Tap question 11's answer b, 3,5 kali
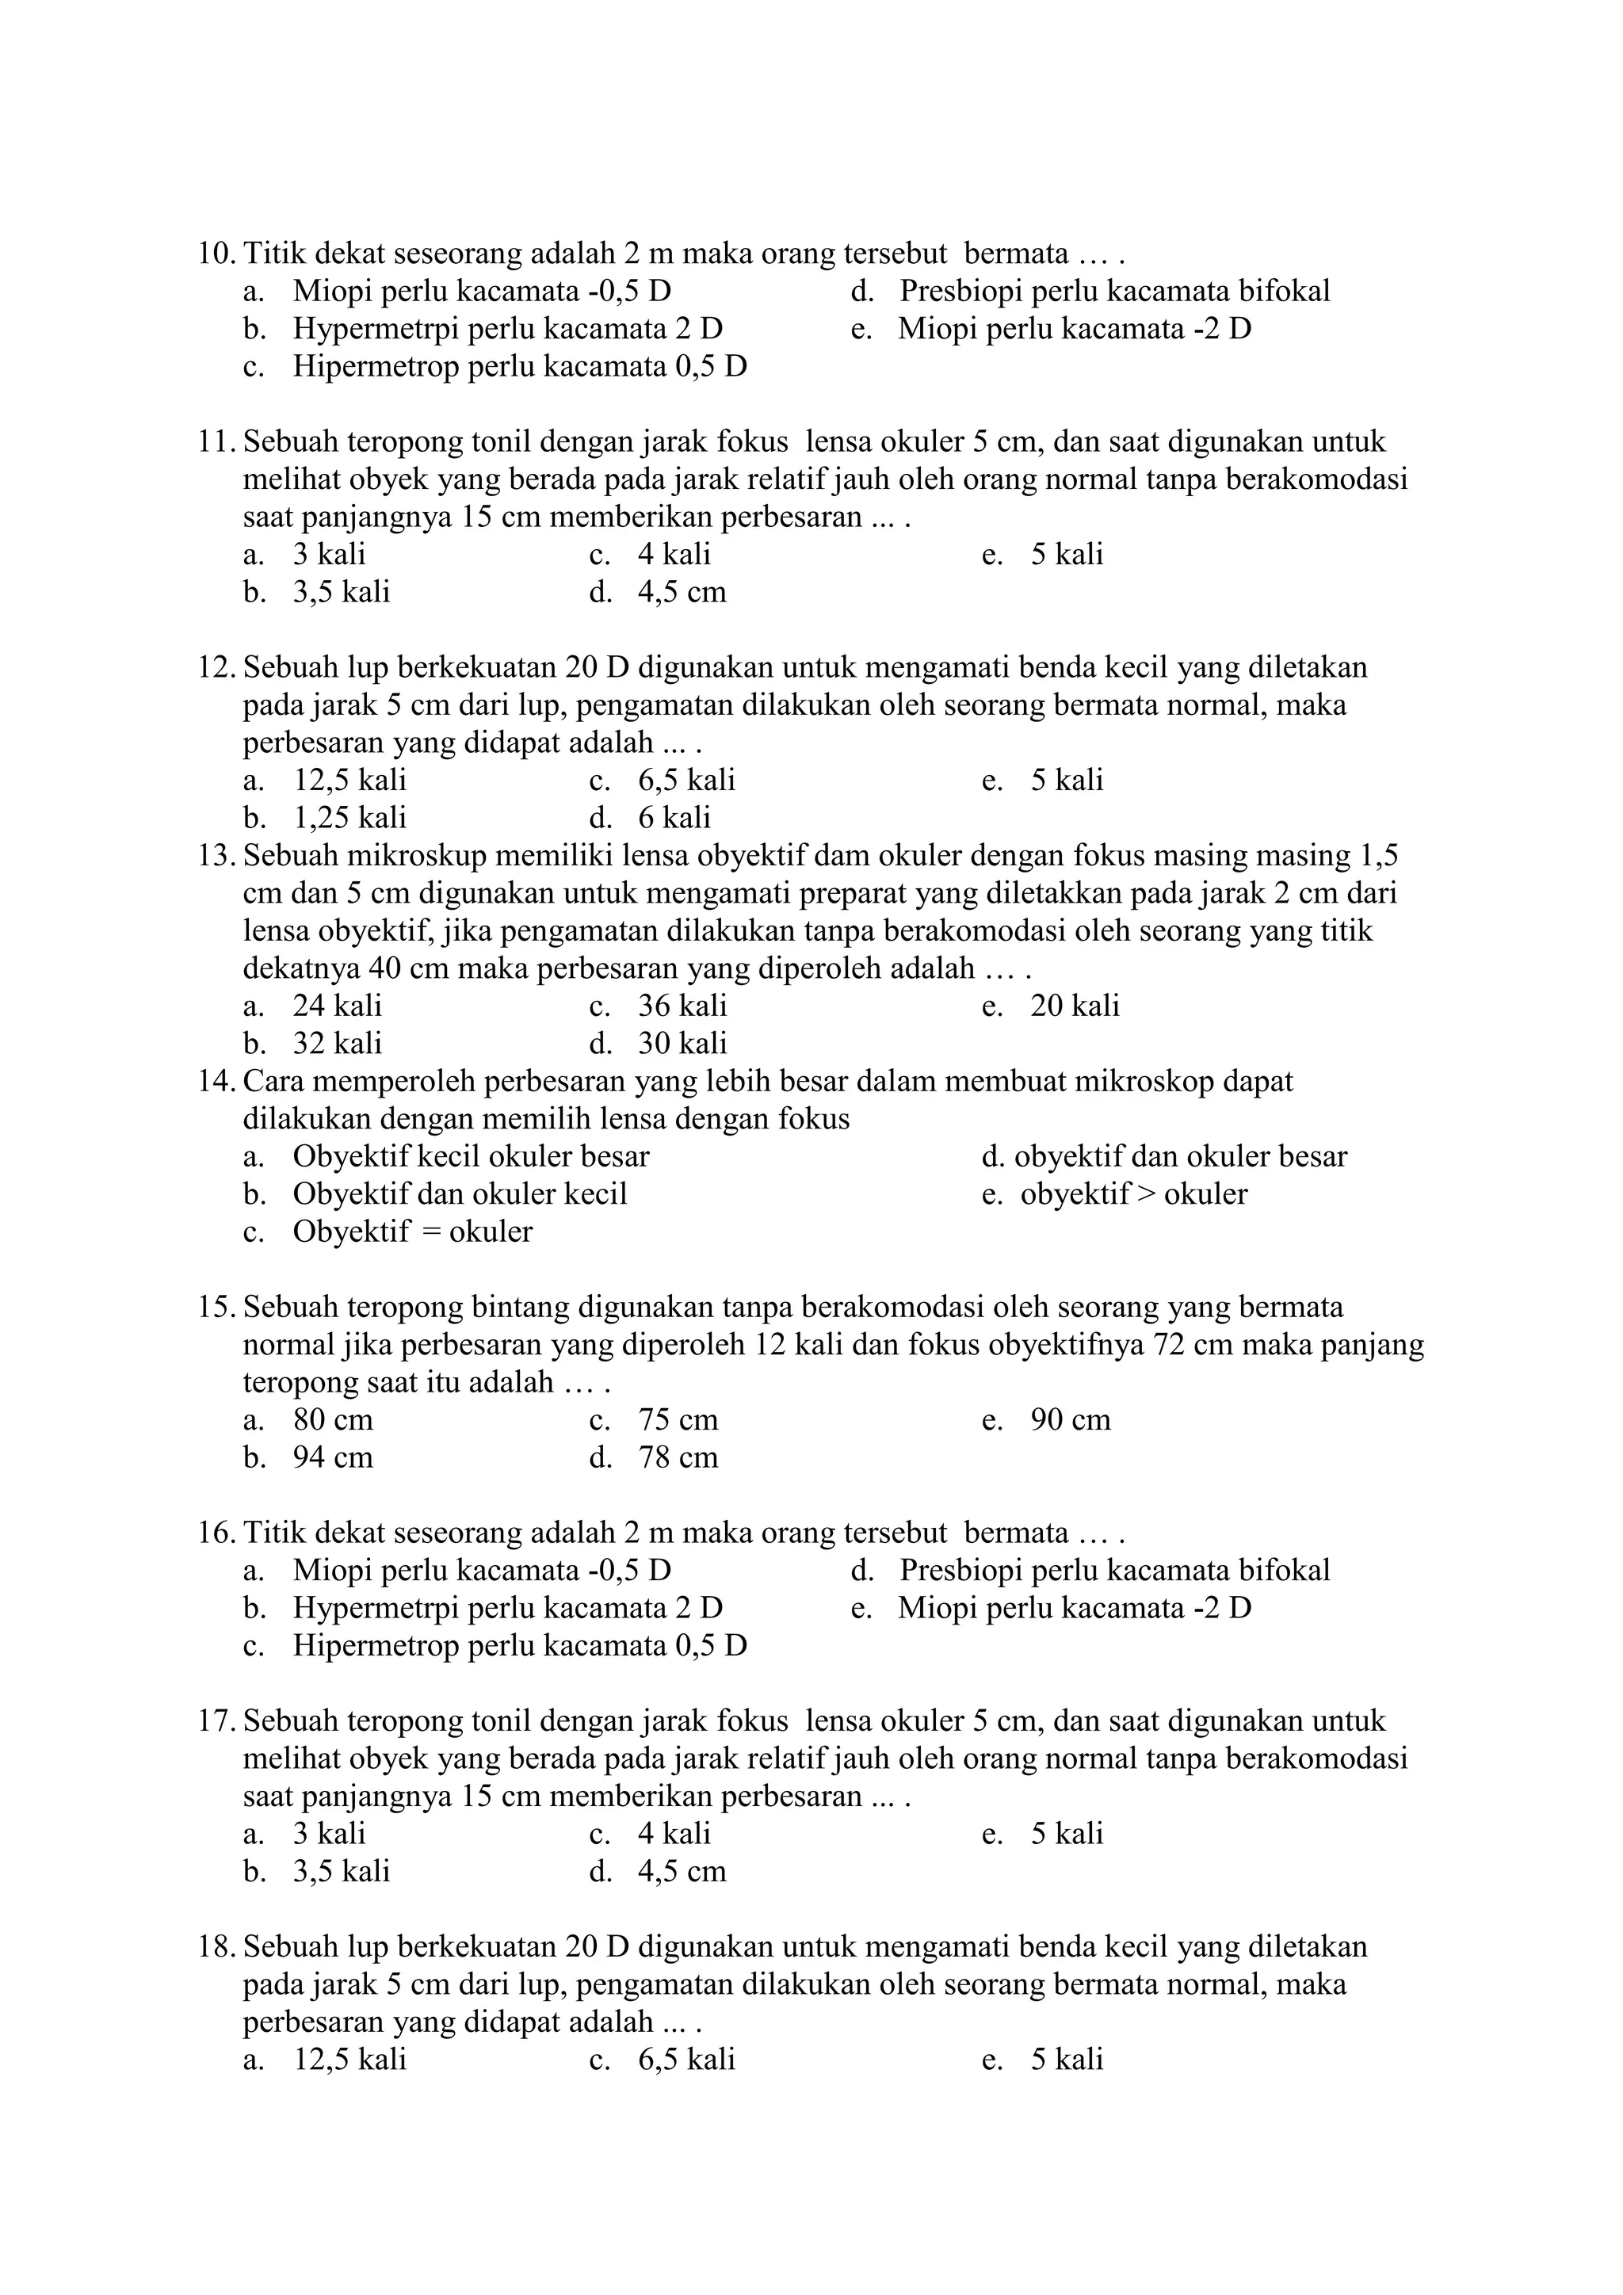341,593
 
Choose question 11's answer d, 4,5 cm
682,593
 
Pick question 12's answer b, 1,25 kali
349,819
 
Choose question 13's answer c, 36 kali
682,1006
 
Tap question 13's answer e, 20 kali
1075,1006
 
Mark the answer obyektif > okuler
1133,1194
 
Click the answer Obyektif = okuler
412,1232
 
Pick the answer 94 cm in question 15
333,1458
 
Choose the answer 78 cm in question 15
678,1458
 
